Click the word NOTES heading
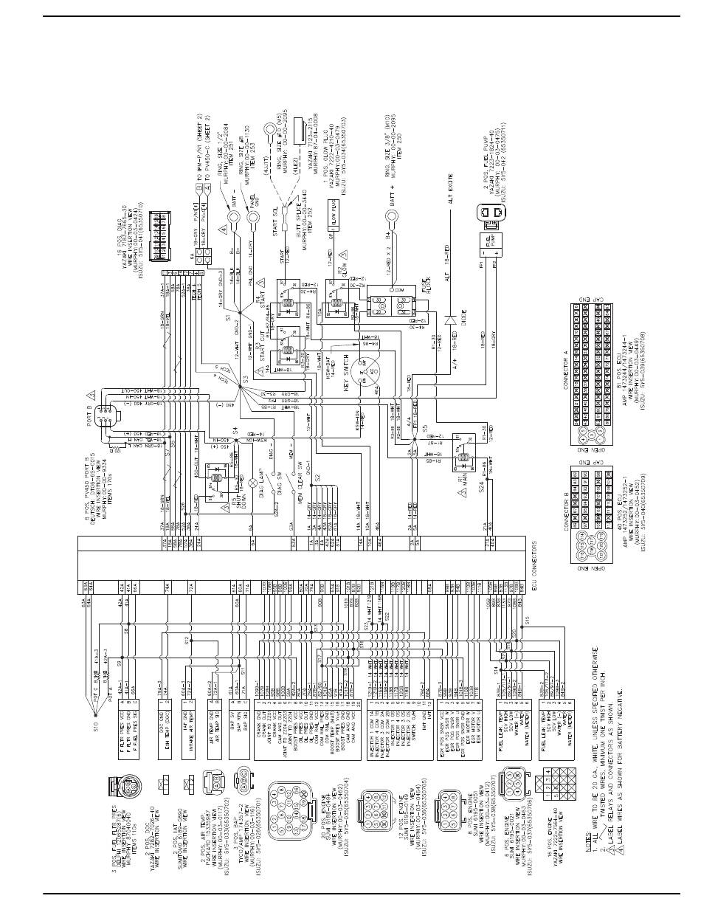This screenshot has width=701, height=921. pos(585,845)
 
